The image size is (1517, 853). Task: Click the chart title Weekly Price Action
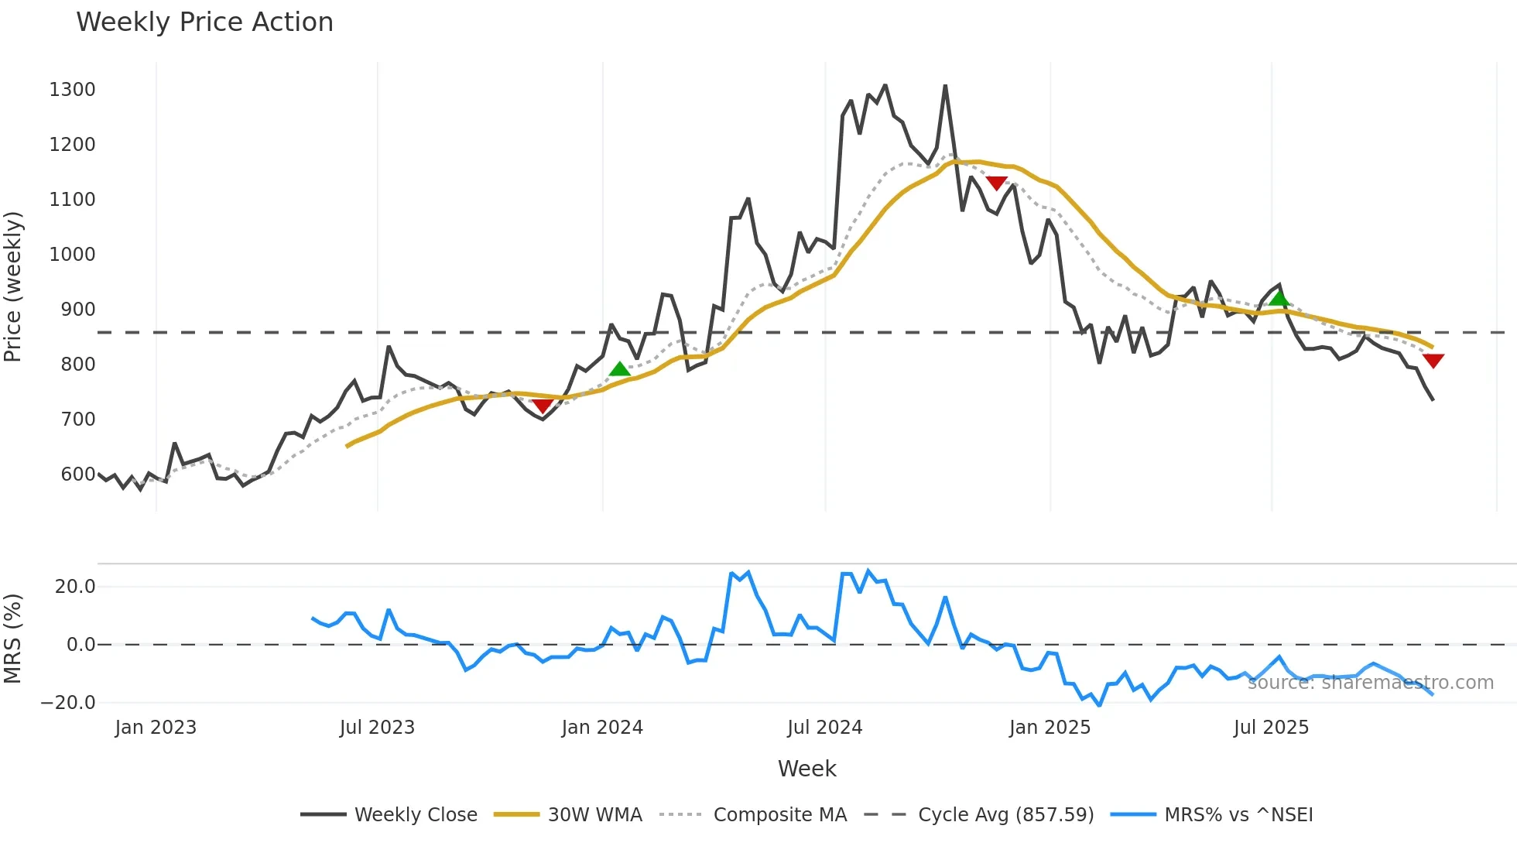click(204, 22)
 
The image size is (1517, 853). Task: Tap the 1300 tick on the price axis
click(72, 90)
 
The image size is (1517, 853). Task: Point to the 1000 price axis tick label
click(72, 255)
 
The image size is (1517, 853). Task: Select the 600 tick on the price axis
click(77, 474)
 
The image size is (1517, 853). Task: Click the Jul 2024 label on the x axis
click(824, 728)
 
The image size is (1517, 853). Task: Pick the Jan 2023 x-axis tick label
click(156, 728)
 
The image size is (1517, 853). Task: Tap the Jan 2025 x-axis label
click(1050, 728)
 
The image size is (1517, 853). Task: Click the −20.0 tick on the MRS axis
click(68, 703)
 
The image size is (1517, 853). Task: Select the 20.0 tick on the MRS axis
click(75, 587)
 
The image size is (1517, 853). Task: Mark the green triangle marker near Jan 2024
click(619, 369)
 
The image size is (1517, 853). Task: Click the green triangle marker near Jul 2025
click(1279, 298)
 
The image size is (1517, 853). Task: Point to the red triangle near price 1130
click(997, 183)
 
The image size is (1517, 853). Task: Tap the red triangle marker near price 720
click(543, 406)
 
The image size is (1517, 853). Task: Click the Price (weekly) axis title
click(13, 286)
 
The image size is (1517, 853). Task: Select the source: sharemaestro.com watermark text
click(1370, 683)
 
